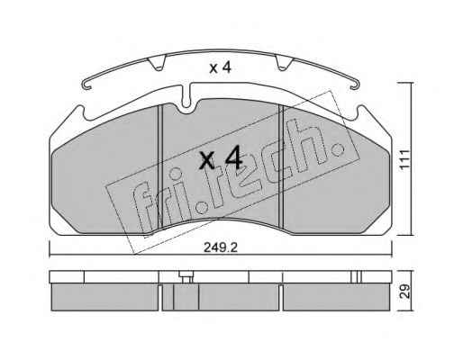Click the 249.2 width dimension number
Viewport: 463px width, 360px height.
pyautogui.click(x=221, y=247)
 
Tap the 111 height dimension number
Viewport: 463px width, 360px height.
pyautogui.click(x=405, y=159)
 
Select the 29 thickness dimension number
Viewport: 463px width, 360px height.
pyautogui.click(x=405, y=291)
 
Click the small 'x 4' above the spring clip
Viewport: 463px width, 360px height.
pyautogui.click(x=220, y=68)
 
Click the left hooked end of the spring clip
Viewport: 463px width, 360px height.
pyautogui.click(x=86, y=85)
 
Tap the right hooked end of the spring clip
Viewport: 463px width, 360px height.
pyautogui.click(x=353, y=85)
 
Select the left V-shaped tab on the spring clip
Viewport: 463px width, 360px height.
pyautogui.click(x=157, y=64)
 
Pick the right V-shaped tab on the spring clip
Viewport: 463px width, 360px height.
pyautogui.click(x=284, y=64)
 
